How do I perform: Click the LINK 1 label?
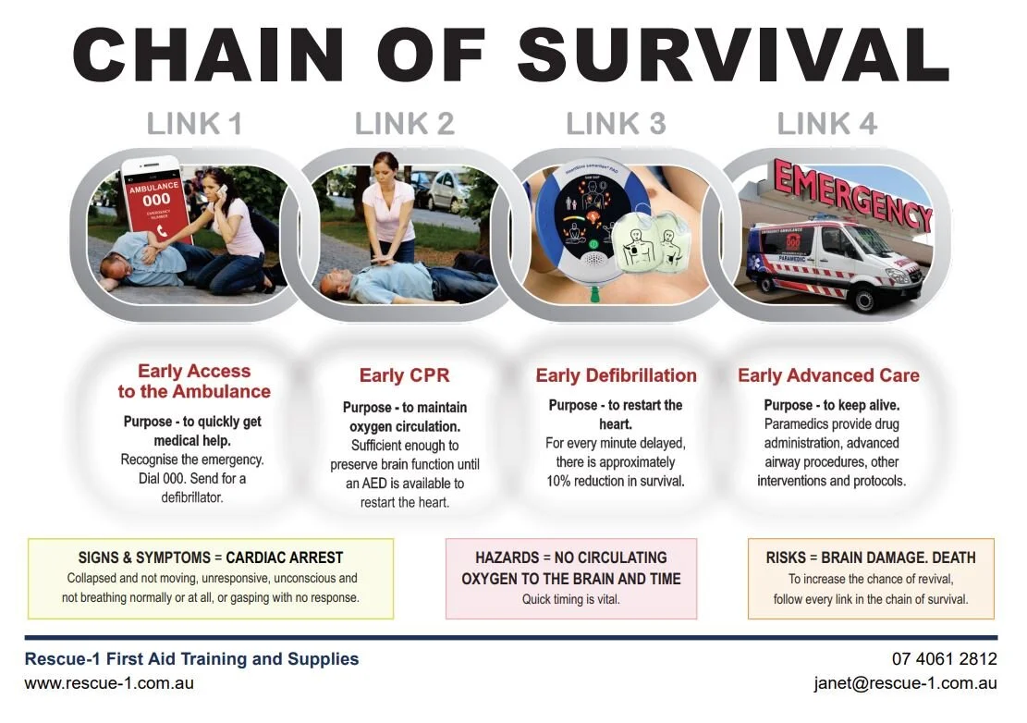tap(194, 124)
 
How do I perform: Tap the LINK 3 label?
tap(616, 124)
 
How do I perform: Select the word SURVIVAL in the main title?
tap(734, 55)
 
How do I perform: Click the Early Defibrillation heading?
tap(616, 375)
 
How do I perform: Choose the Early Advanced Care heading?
tap(828, 375)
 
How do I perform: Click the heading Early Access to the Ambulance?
tap(194, 381)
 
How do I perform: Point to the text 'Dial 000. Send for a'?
tap(193, 479)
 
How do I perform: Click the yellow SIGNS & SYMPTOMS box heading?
tap(211, 558)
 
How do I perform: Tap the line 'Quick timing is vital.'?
tap(571, 599)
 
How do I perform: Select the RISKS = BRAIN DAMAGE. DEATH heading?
tap(871, 558)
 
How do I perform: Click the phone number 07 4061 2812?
tap(944, 659)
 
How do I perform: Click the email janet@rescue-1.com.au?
tap(905, 684)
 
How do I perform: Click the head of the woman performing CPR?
tap(385, 167)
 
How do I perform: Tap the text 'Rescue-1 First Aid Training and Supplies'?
tap(191, 659)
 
